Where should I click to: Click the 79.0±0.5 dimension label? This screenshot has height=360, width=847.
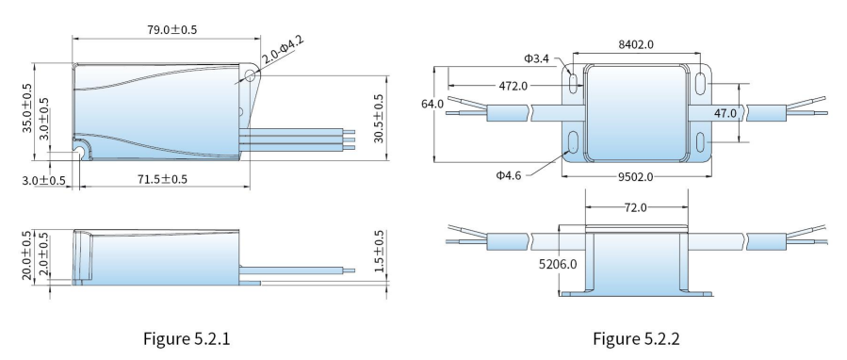(171, 30)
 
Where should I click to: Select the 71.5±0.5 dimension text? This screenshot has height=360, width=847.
(162, 179)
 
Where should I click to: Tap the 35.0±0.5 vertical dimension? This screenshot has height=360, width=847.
(26, 107)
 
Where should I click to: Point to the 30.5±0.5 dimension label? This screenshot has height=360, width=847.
(378, 119)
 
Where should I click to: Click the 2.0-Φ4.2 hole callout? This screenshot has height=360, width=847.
(283, 50)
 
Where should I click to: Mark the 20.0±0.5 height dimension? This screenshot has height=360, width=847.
(26, 255)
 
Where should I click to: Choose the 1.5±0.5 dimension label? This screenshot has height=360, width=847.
(379, 252)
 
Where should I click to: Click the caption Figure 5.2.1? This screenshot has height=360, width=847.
(187, 339)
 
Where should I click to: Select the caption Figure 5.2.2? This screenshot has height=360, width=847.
(636, 339)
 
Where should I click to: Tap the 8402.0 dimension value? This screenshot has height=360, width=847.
(636, 44)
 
